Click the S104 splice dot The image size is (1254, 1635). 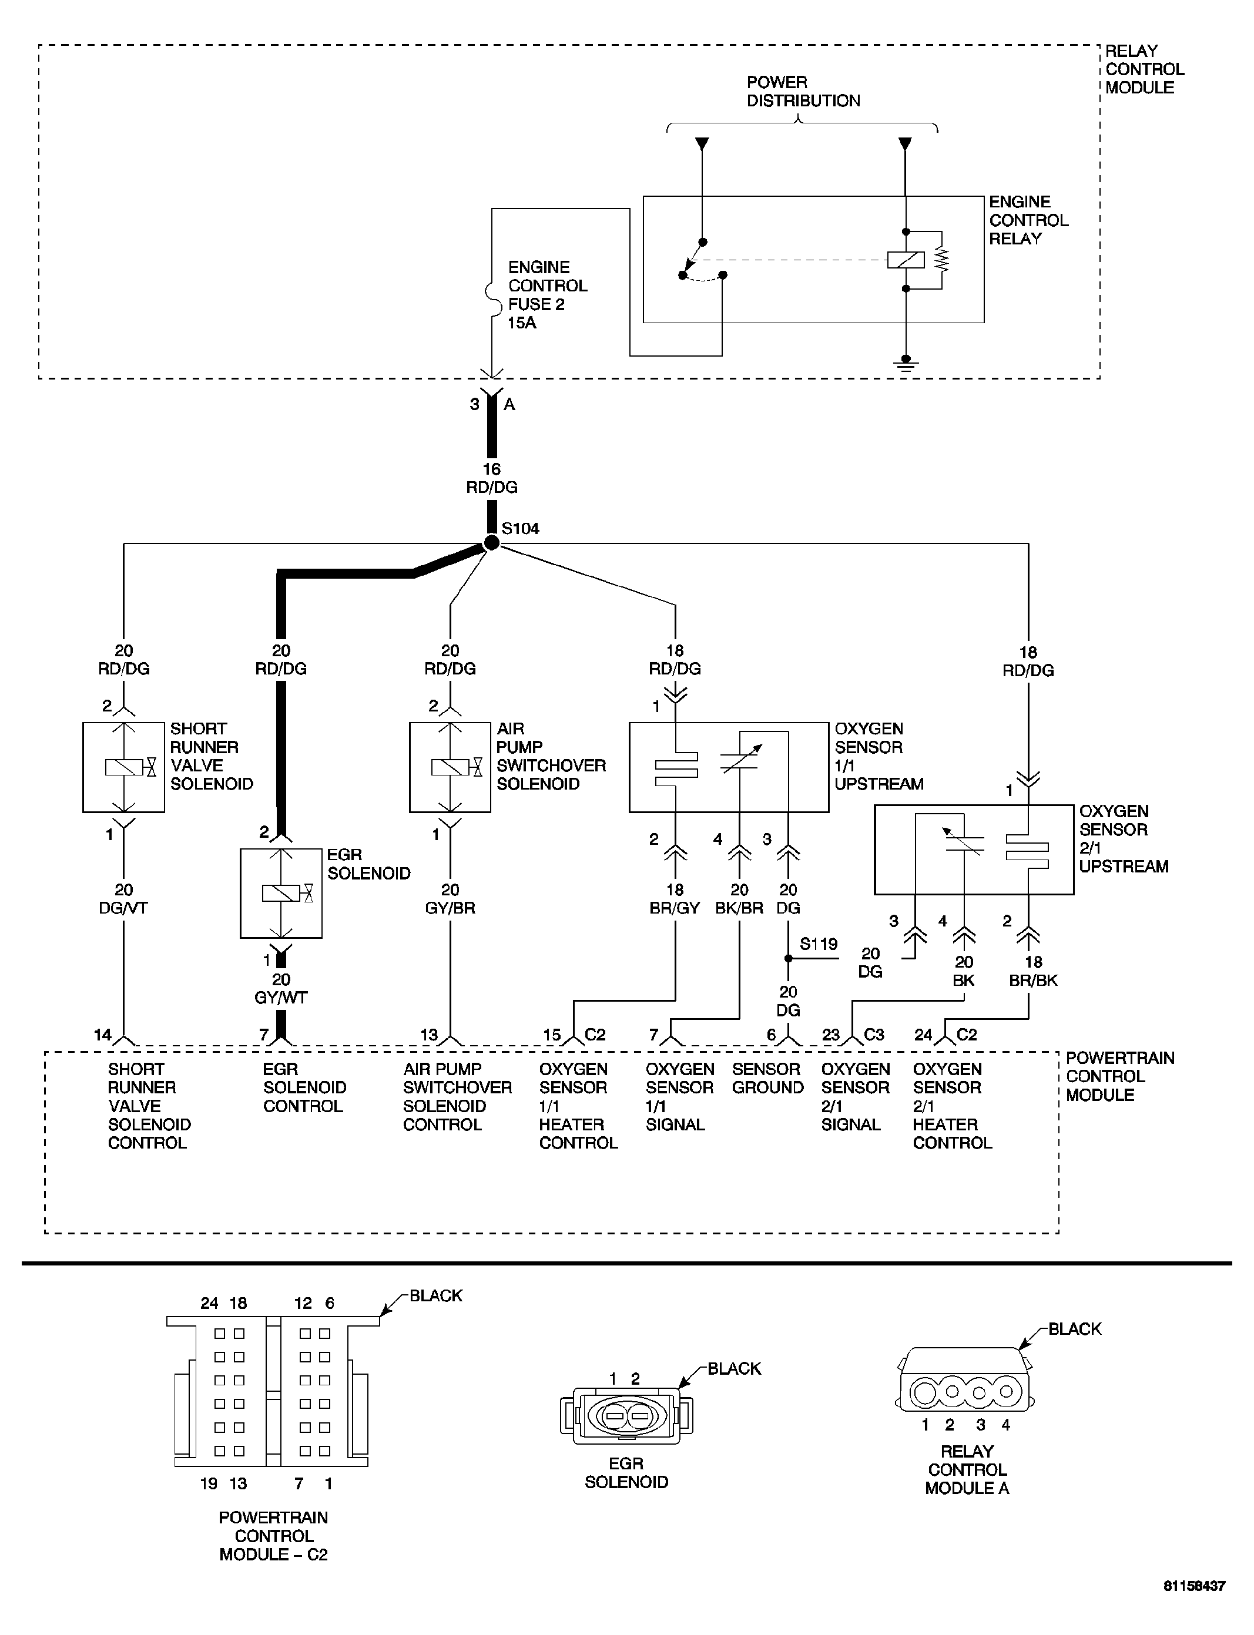[x=491, y=542]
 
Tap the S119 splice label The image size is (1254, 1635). [x=819, y=944]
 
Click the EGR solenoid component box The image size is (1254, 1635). [x=281, y=892]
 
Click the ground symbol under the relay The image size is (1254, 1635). [x=906, y=364]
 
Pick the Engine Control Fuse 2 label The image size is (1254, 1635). [x=547, y=295]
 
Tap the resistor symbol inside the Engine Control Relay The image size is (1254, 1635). [x=942, y=259]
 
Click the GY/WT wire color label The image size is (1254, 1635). [x=281, y=998]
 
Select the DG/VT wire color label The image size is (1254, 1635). [x=123, y=908]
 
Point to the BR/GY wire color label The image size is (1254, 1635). [x=675, y=908]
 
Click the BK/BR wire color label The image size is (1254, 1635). [x=739, y=908]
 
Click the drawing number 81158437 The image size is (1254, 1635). [x=1193, y=1607]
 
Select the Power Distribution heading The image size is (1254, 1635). [x=803, y=91]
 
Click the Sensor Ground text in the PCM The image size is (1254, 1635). [x=767, y=1078]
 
